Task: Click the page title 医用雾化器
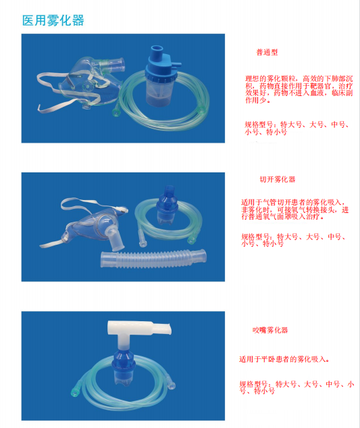(x=53, y=20)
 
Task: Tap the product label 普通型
(x=267, y=52)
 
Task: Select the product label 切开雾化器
(x=278, y=179)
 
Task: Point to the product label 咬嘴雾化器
(x=270, y=330)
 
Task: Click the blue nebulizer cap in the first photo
(x=161, y=65)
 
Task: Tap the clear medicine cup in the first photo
(x=161, y=92)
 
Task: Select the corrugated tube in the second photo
(x=153, y=259)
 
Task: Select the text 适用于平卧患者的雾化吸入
(x=283, y=359)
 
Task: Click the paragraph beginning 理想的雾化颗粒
(x=299, y=89)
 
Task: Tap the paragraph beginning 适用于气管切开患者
(x=294, y=210)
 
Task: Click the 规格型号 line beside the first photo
(x=297, y=128)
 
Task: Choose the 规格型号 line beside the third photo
(x=297, y=387)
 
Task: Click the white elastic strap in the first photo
(x=52, y=90)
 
